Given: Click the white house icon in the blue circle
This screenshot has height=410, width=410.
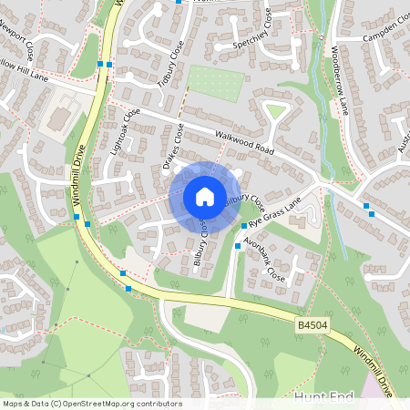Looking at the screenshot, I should pos(204,196).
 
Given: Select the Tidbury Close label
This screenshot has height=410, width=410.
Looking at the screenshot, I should pos(169,63).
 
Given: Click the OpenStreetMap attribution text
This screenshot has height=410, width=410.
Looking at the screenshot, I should pos(91,404).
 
